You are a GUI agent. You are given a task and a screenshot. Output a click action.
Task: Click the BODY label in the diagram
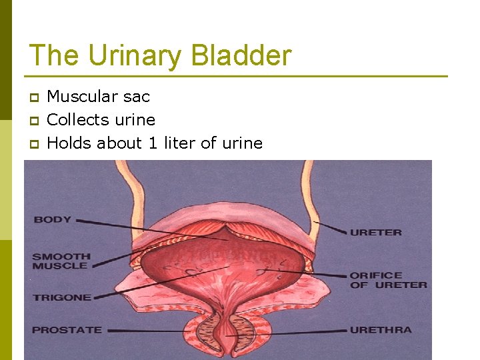pyautogui.click(x=52, y=219)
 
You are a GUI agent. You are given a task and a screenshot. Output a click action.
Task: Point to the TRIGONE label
pyautogui.click(x=61, y=297)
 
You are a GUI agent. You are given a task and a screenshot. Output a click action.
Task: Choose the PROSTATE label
pyautogui.click(x=67, y=329)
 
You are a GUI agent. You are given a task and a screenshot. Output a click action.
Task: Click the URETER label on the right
pyautogui.click(x=376, y=233)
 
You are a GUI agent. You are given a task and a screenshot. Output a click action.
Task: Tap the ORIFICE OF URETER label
pyautogui.click(x=388, y=280)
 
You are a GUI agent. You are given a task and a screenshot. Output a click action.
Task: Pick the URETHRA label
pyautogui.click(x=381, y=329)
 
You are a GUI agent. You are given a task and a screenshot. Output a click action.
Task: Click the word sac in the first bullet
pyautogui.click(x=137, y=97)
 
